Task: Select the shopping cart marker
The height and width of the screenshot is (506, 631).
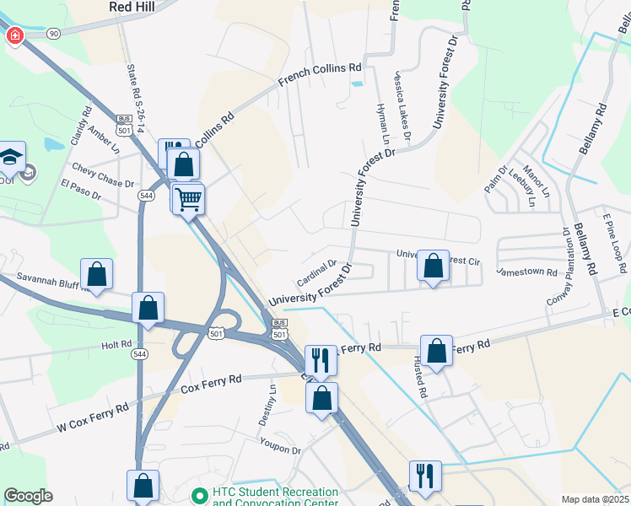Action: [189, 199]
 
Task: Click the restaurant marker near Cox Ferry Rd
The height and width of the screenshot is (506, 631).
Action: [321, 360]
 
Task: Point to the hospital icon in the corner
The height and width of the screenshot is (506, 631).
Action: [14, 36]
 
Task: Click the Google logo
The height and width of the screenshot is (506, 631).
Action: [28, 496]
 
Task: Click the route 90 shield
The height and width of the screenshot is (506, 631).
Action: [54, 33]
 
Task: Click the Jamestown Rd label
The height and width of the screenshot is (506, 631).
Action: [527, 272]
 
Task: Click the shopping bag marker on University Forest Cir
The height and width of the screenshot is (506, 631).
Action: [433, 266]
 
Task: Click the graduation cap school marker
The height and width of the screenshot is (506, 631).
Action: [11, 157]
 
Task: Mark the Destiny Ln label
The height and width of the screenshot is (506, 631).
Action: [272, 405]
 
